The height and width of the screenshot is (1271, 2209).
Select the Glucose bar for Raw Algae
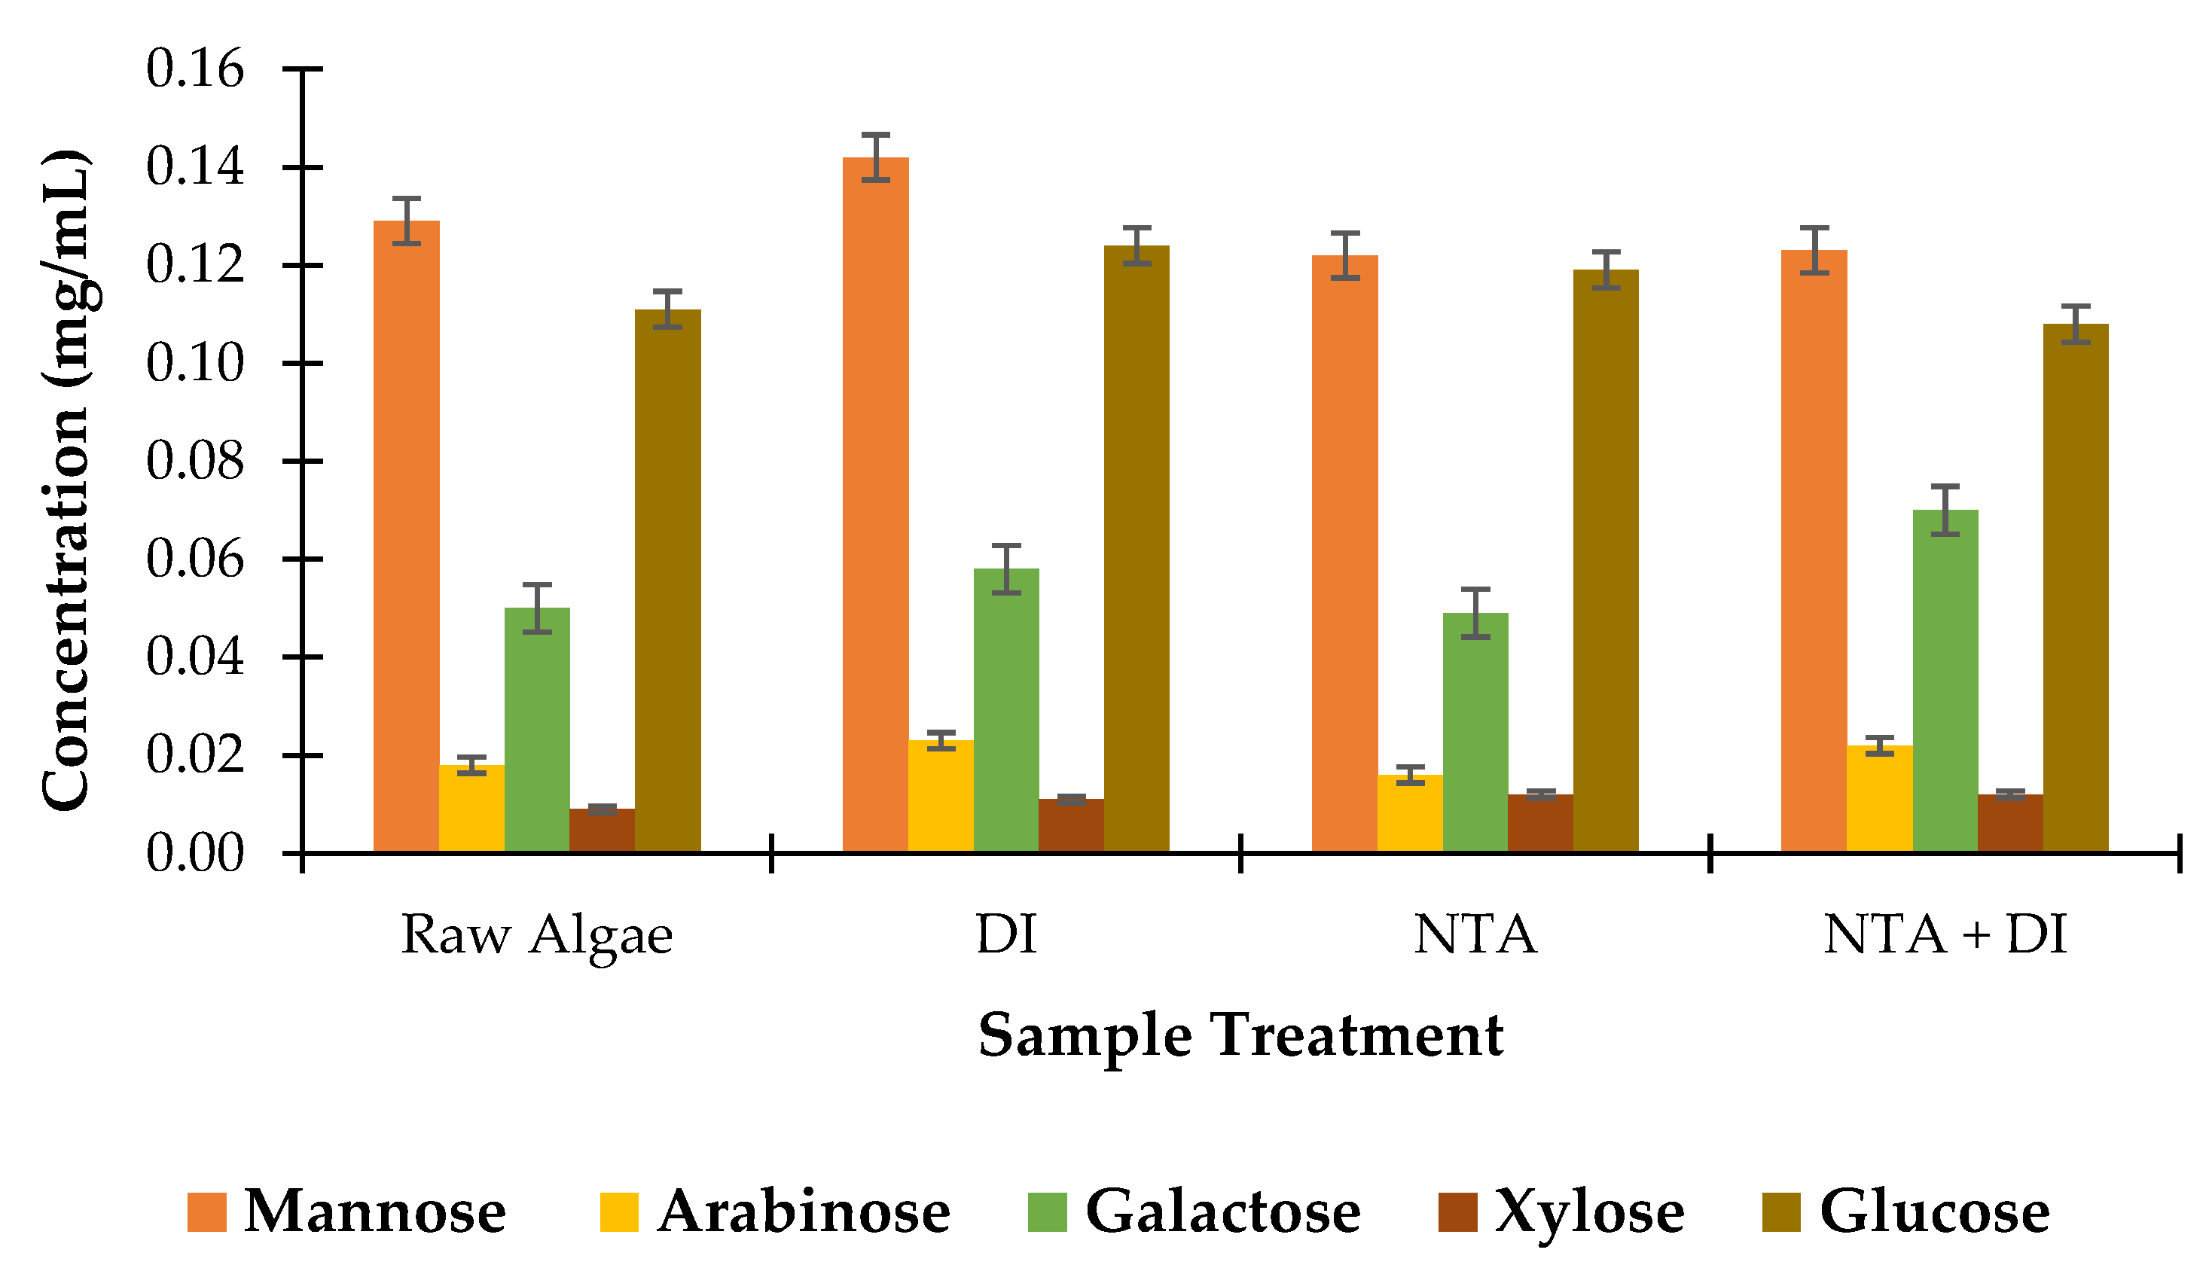pyautogui.click(x=667, y=581)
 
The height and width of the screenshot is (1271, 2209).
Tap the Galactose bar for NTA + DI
pyautogui.click(x=1945, y=681)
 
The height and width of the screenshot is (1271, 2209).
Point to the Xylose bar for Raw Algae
pyautogui.click(x=602, y=831)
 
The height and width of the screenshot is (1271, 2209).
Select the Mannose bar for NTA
pyautogui.click(x=1344, y=553)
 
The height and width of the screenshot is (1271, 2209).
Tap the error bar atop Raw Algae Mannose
pyautogui.click(x=406, y=221)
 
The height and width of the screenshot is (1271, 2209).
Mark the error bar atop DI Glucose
pyautogui.click(x=1137, y=245)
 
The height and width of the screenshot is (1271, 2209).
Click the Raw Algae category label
pyautogui.click(x=536, y=936)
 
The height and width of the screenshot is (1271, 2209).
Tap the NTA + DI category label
pyautogui.click(x=1945, y=936)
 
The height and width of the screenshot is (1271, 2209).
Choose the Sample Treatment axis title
pyautogui.click(x=1240, y=1036)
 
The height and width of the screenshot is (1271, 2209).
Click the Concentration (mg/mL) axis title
pyautogui.click(x=66, y=480)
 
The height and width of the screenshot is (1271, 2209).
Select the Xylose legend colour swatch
pyautogui.click(x=1457, y=1212)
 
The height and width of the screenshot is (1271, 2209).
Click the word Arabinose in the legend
pyautogui.click(x=804, y=1212)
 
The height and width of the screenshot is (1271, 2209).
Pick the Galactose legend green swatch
pyautogui.click(x=1047, y=1212)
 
